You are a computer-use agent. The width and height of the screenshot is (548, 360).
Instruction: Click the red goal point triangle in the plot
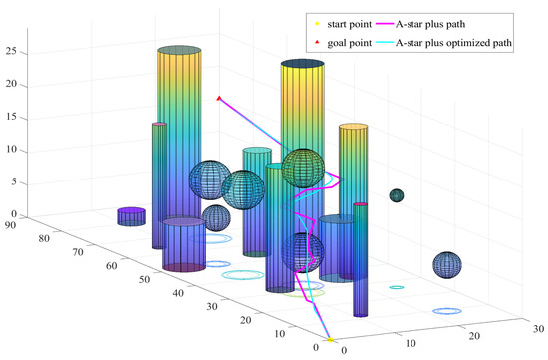(219, 98)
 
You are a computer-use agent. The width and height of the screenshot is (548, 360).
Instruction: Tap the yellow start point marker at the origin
(330, 340)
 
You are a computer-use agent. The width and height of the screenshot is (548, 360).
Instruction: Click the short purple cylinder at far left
(131, 216)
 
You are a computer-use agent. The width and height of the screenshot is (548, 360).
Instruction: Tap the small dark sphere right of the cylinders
(397, 196)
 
